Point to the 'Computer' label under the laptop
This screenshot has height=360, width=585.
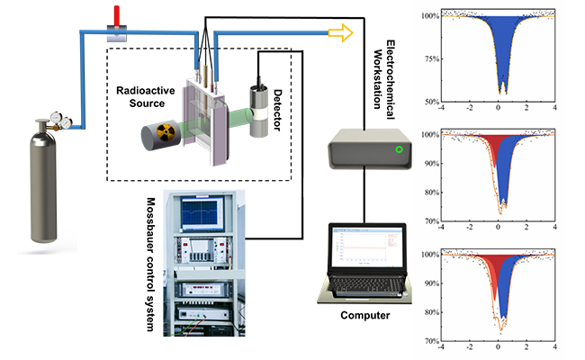pyautogui.click(x=365, y=316)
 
